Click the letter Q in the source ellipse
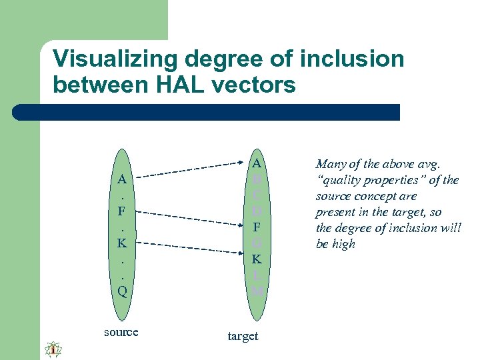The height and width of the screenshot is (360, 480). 122,291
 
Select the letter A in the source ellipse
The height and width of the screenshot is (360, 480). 122,179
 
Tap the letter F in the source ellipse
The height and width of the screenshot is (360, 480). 122,211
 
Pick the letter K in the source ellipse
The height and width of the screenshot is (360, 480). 122,243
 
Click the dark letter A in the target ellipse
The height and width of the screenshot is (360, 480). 257,163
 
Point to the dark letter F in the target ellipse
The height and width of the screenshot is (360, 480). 257,227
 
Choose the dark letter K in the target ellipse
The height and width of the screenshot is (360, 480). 257,259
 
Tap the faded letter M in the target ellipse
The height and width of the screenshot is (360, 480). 257,291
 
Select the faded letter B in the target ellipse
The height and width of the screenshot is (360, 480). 257,179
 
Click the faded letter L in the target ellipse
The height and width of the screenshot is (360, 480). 257,275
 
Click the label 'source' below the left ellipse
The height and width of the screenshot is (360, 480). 121,332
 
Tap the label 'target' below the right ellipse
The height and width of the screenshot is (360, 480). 243,336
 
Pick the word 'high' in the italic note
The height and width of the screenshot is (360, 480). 344,244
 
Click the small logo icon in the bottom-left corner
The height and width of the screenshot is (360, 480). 53,349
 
